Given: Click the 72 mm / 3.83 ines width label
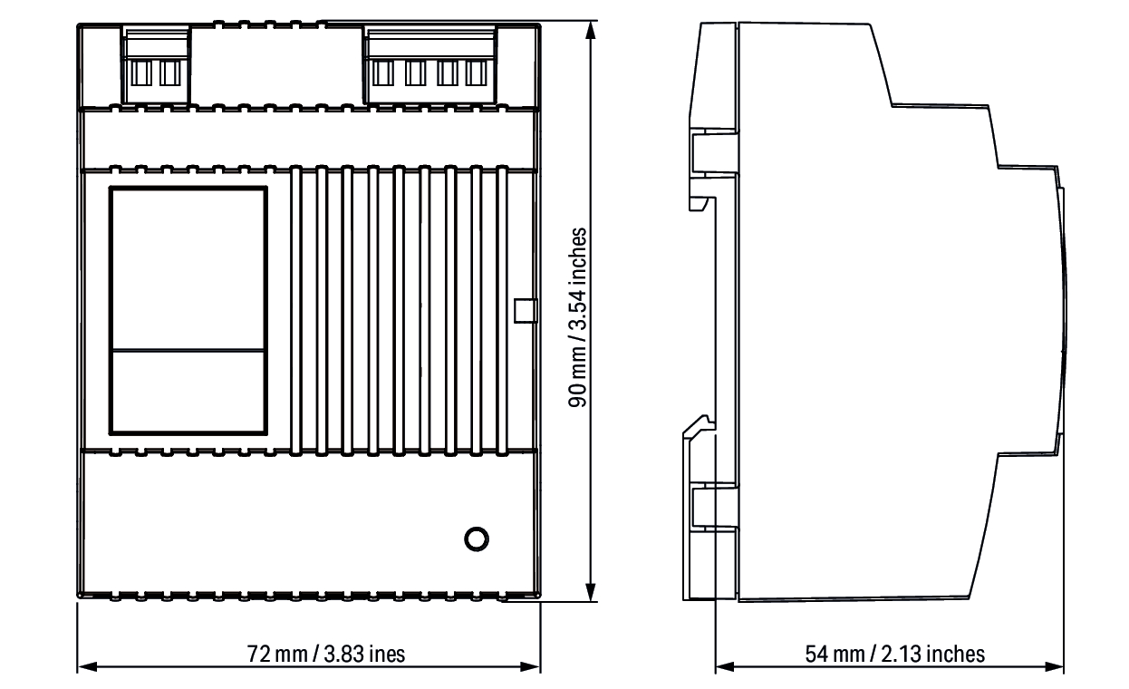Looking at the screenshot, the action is [326, 654].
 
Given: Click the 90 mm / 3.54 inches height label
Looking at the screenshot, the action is [577, 317].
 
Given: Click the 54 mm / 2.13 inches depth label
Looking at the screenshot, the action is [894, 654].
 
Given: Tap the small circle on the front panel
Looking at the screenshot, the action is [477, 539].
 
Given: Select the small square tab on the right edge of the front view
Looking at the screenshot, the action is [526, 310].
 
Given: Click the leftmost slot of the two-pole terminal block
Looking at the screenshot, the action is [141, 73].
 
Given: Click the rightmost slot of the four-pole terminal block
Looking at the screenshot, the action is [476, 73].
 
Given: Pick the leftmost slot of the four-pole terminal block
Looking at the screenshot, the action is [383, 73].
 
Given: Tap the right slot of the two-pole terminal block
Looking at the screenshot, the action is [170, 73].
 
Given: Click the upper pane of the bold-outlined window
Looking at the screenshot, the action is [188, 269].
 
